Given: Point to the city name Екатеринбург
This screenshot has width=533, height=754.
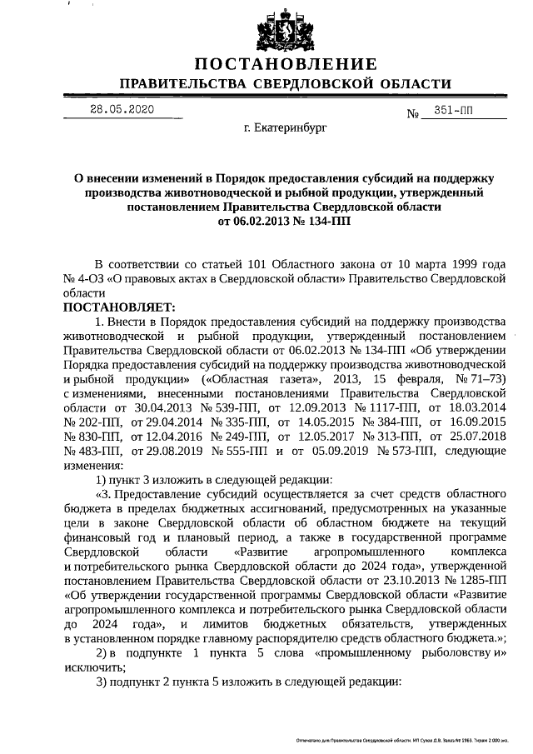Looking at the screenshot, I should pyautogui.click(x=286, y=129).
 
